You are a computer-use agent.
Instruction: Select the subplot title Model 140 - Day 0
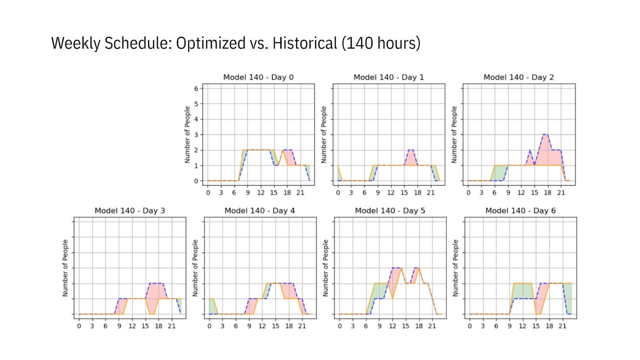pyautogui.click(x=258, y=77)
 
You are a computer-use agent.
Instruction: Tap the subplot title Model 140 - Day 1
pyautogui.click(x=388, y=77)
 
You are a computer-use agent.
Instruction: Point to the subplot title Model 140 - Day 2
pyautogui.click(x=518, y=77)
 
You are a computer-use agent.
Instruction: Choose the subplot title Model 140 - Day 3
pyautogui.click(x=130, y=211)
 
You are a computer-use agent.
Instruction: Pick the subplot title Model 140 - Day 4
pyautogui.click(x=259, y=211)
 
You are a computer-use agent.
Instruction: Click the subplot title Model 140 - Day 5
pyautogui.click(x=390, y=211)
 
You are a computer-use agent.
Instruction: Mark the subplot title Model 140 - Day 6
pyautogui.click(x=520, y=211)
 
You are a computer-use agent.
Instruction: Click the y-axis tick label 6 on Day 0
pyautogui.click(x=196, y=89)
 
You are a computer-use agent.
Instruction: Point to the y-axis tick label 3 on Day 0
pyautogui.click(x=196, y=135)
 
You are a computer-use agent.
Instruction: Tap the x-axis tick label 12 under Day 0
pyautogui.click(x=261, y=193)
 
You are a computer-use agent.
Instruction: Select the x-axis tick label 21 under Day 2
pyautogui.click(x=561, y=193)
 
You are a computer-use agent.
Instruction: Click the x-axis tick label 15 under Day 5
pyautogui.click(x=405, y=326)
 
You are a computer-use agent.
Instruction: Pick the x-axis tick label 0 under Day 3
pyautogui.click(x=79, y=326)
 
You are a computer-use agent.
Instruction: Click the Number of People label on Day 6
pyautogui.click(x=455, y=268)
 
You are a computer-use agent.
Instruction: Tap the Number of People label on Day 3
pyautogui.click(x=65, y=268)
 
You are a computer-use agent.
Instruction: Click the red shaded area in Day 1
pyautogui.click(x=410, y=159)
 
